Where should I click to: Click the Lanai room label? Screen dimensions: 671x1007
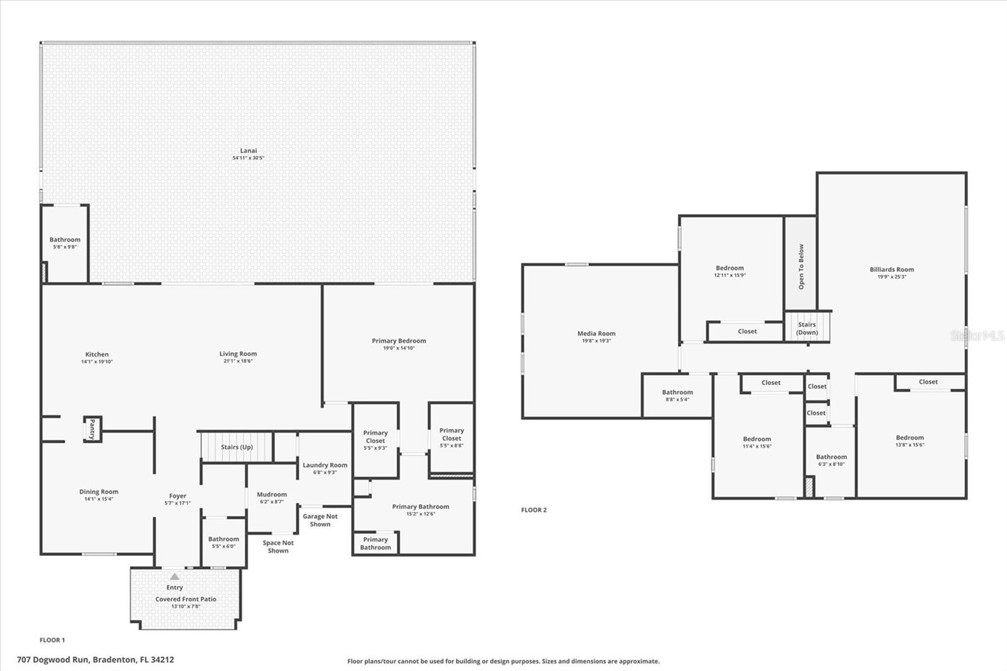click(248, 151)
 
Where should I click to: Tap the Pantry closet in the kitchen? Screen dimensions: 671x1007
click(93, 429)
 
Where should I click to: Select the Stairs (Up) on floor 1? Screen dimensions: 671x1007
click(237, 447)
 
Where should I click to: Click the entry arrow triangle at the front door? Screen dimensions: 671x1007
click(174, 577)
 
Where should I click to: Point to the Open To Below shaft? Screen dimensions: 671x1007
click(801, 266)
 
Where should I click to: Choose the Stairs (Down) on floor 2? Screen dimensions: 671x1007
click(807, 328)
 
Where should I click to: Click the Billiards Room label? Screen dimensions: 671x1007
click(891, 269)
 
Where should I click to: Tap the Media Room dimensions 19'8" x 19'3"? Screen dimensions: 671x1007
click(596, 341)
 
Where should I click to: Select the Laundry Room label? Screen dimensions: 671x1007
click(325, 465)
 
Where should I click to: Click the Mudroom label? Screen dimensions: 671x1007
click(272, 495)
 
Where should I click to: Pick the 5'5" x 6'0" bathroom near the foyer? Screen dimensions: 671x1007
click(223, 542)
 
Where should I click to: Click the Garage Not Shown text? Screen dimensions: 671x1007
click(320, 520)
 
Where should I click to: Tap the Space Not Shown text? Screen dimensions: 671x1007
click(278, 546)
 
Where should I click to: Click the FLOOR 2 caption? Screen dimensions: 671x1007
click(534, 510)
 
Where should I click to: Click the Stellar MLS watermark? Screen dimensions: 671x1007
click(977, 335)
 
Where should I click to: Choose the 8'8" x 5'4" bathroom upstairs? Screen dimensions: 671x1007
click(677, 395)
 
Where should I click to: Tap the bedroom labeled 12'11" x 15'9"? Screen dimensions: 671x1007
click(729, 271)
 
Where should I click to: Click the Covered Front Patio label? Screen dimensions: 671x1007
click(186, 599)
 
